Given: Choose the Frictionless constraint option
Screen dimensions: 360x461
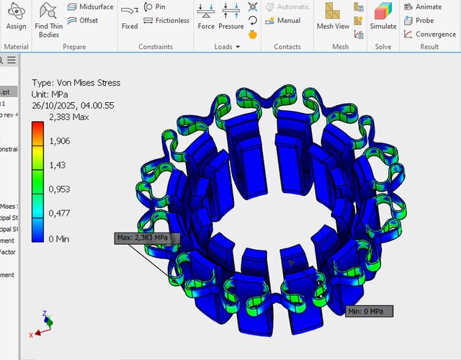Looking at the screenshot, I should point(166,21).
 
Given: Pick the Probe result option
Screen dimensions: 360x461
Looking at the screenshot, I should point(423,21).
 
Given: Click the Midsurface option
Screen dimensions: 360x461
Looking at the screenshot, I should point(90,7).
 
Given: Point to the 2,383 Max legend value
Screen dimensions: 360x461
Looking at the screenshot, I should point(68,117).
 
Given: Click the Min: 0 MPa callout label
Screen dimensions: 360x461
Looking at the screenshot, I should point(370,311).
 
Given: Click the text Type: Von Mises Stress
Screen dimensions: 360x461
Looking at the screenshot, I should point(79,83).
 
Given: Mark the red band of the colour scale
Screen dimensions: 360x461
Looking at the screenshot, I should point(37,130).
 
